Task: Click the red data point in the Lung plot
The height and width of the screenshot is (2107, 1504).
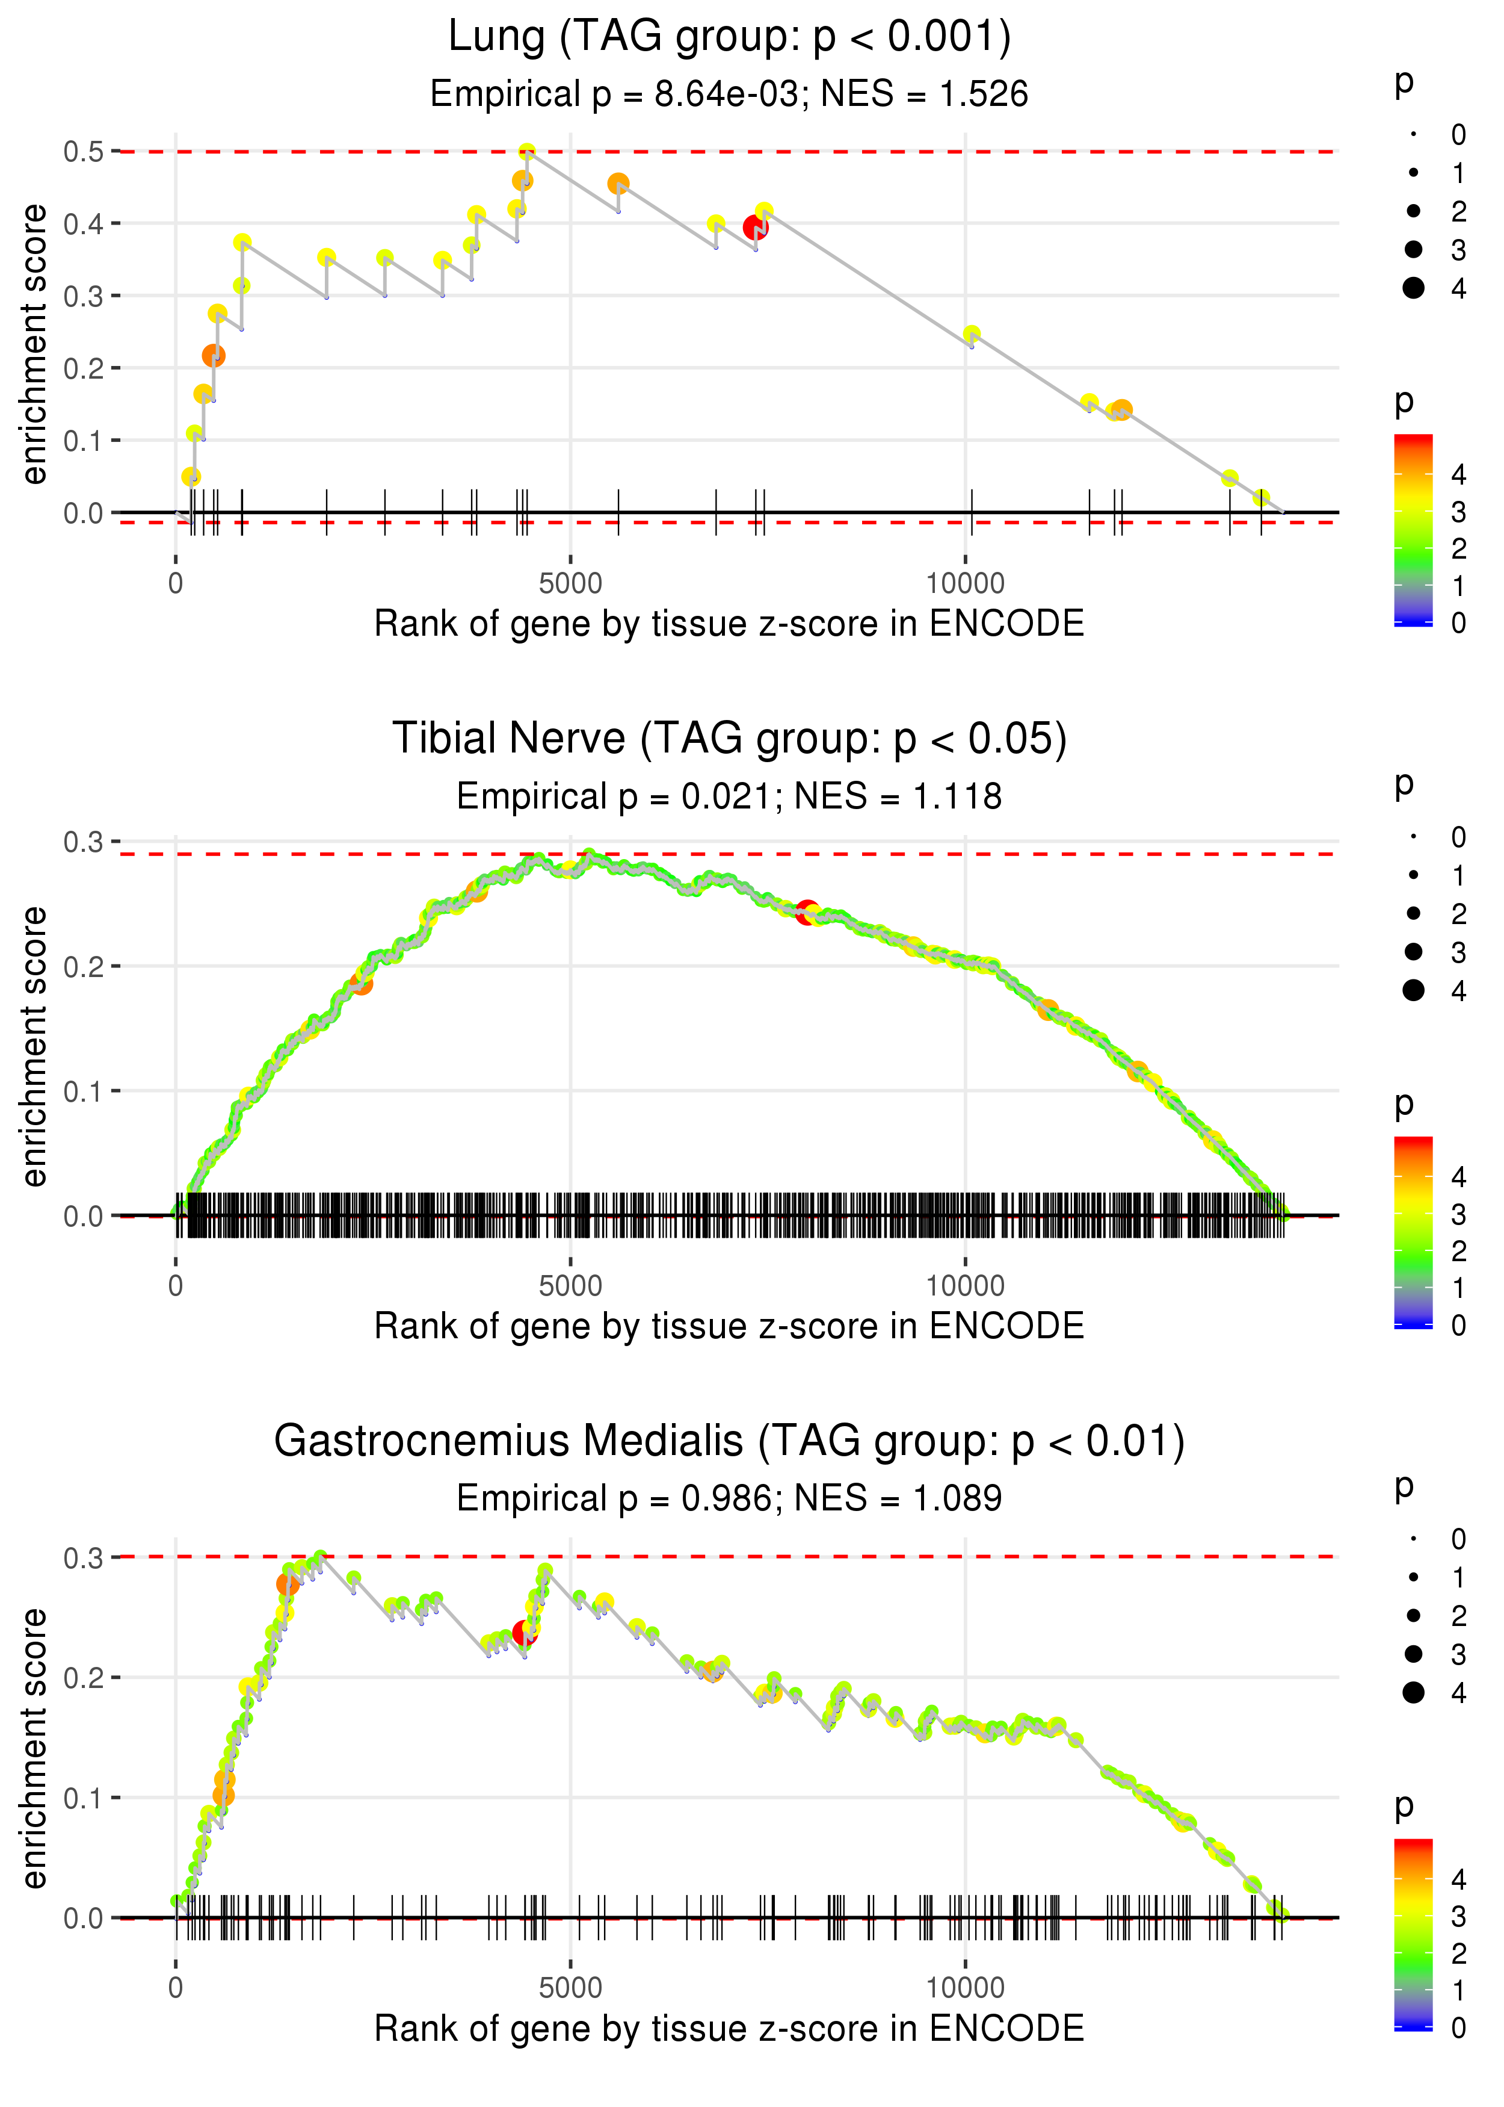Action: pos(756,227)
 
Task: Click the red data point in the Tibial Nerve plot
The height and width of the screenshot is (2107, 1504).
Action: pos(807,913)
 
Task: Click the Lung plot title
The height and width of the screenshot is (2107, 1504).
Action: pos(730,37)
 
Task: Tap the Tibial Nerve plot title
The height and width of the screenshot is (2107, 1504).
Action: pos(730,739)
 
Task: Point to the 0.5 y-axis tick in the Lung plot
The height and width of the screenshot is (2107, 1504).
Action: pos(84,151)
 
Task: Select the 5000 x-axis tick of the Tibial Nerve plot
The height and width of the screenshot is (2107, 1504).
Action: pos(570,1286)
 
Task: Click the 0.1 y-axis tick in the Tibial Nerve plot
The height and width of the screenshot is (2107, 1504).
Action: pos(84,1091)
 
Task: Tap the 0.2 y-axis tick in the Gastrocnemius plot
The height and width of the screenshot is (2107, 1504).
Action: pos(84,1678)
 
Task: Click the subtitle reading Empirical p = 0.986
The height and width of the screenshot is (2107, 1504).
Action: pos(730,1498)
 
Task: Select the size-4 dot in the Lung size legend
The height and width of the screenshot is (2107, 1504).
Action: pos(1413,288)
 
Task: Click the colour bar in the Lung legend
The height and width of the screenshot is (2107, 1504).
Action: pos(1413,530)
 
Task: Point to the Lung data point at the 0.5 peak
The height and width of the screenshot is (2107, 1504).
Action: pos(527,152)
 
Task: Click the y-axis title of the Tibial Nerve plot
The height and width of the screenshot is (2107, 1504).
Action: pos(34,1046)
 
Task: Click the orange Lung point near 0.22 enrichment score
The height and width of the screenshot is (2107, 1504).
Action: pos(214,356)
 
